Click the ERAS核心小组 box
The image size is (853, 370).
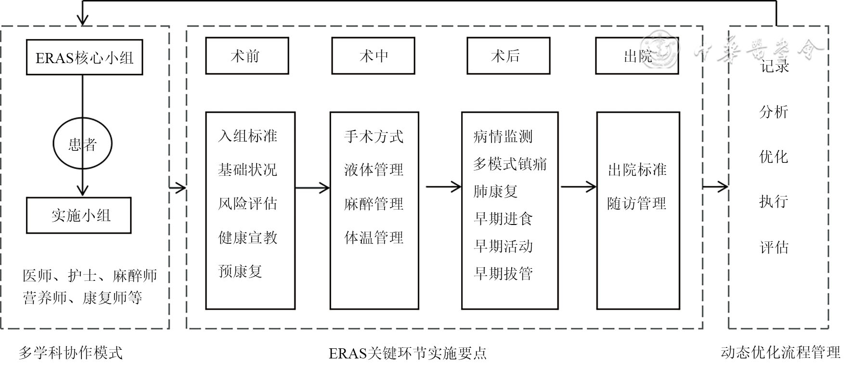click(84, 57)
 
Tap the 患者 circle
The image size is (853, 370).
click(82, 144)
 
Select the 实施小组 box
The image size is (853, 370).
click(79, 215)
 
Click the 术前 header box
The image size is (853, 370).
click(247, 56)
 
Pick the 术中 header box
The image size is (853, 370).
click(373, 56)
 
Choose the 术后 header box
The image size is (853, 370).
click(508, 56)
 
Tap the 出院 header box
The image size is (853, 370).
click(637, 56)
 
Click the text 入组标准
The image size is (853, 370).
click(247, 136)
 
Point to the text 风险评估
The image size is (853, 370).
click(247, 203)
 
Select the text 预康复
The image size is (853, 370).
click(240, 271)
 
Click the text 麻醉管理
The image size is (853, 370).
click(374, 203)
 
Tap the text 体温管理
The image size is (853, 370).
click(374, 237)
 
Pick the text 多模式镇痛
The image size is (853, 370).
click(510, 164)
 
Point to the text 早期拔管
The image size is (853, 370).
click(503, 273)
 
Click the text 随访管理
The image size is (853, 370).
click(636, 203)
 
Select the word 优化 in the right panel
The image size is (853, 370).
click(774, 157)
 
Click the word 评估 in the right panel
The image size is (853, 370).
click(774, 247)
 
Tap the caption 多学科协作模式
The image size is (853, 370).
click(70, 353)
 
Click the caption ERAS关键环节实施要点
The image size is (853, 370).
click(407, 353)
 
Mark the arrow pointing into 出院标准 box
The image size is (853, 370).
click(578, 186)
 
